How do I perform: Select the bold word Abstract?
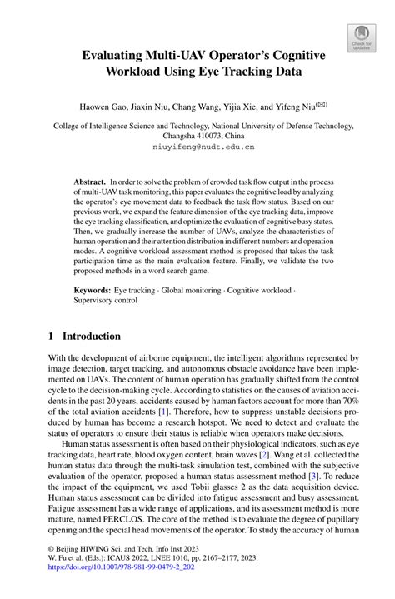pos(90,181)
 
